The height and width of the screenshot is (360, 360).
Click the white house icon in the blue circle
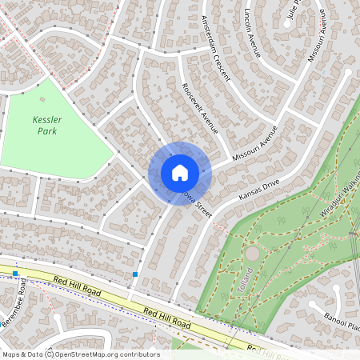pyautogui.click(x=180, y=172)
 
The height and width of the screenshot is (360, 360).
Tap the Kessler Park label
pyautogui.click(x=46, y=125)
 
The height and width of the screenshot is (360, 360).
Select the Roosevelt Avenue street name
pyautogui.click(x=200, y=109)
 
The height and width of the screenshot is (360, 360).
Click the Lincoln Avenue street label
pyautogui.click(x=253, y=34)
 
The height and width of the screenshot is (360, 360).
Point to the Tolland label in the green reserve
pyautogui.click(x=246, y=282)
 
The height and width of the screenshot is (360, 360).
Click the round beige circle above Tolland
pyautogui.click(x=253, y=254)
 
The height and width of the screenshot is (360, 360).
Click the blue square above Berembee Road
pyautogui.click(x=15, y=274)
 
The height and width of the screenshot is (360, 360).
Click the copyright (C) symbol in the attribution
pyautogui.click(x=49, y=354)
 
